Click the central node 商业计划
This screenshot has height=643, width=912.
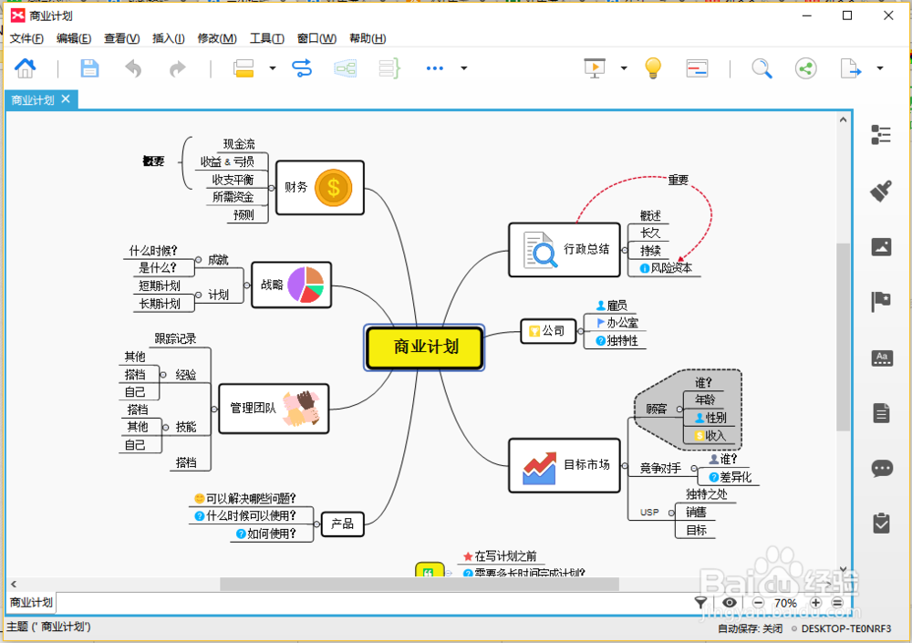[425, 347]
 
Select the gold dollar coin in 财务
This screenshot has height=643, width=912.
[333, 188]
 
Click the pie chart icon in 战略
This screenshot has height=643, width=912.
[306, 285]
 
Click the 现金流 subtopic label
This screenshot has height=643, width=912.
[239, 144]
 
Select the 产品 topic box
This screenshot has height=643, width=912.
[342, 524]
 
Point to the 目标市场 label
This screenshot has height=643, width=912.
[586, 464]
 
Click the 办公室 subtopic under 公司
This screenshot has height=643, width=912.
[622, 323]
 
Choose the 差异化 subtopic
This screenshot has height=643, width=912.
[735, 477]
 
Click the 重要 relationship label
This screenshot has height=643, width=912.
[679, 180]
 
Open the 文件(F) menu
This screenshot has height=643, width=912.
[26, 38]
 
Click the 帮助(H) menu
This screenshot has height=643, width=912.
[368, 38]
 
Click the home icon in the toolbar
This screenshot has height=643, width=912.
[26, 68]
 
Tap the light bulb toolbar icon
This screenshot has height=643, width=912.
[652, 67]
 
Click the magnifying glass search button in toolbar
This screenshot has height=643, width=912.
[762, 68]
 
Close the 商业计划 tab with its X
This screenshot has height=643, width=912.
[66, 99]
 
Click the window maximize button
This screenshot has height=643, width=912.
[847, 16]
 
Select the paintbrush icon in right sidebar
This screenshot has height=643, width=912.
[881, 190]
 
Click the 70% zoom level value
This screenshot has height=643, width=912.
[785, 603]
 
